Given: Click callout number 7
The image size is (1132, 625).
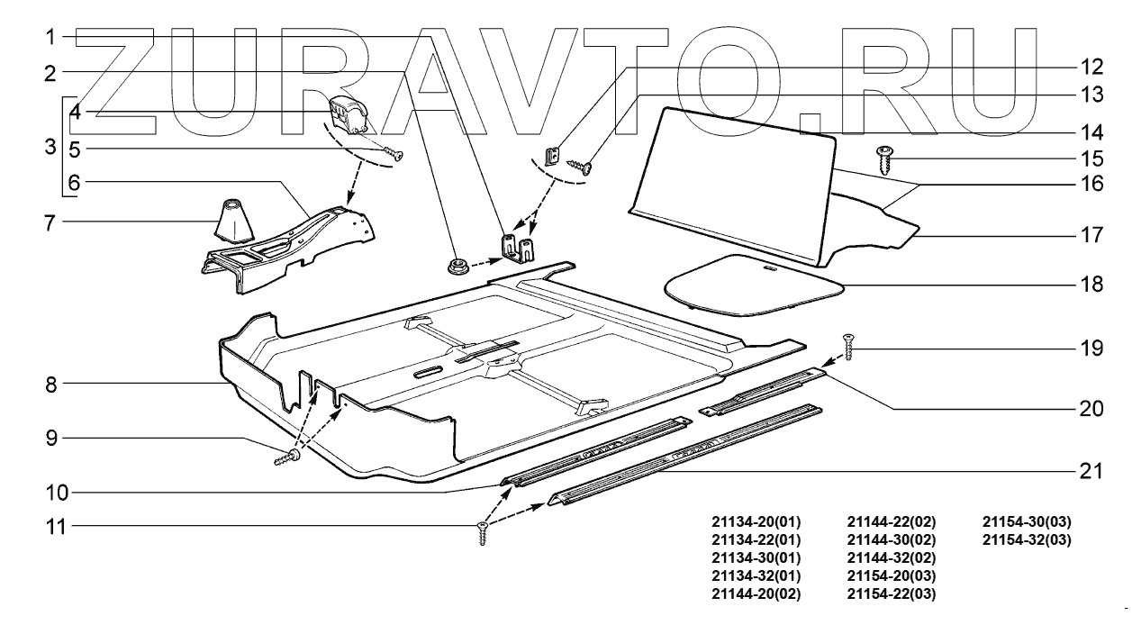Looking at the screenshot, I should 50,221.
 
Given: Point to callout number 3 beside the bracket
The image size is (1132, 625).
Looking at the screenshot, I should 50,146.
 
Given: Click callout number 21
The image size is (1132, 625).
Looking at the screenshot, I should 1091,471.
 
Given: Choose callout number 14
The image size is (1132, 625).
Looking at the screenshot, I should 1091,131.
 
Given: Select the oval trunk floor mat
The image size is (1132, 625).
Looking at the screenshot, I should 753,284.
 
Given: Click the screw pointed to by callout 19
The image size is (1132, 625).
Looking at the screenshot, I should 847,347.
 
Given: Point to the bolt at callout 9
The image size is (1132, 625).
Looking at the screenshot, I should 286,457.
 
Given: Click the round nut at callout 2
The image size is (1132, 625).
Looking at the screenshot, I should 454,265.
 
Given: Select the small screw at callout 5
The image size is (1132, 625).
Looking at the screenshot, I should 393,154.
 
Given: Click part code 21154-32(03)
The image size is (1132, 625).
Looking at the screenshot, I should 1027,540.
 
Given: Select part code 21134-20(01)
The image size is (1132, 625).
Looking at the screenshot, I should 756,522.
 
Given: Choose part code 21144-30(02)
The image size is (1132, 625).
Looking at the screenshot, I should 892,540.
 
